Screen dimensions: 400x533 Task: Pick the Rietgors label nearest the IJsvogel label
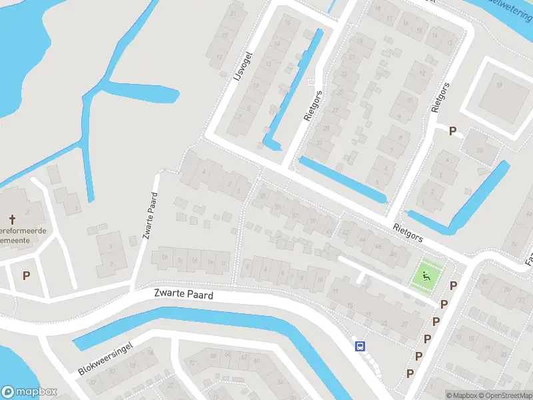(313, 105)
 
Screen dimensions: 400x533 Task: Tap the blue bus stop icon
(360, 345)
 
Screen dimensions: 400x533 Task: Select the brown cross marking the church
(11, 219)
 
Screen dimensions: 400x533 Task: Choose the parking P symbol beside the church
(26, 275)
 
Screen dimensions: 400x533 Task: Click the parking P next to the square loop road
(453, 131)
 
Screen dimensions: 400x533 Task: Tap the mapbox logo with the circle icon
(29, 392)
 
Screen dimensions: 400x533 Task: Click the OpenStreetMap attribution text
(506, 395)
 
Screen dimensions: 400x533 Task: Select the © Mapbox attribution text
(461, 395)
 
